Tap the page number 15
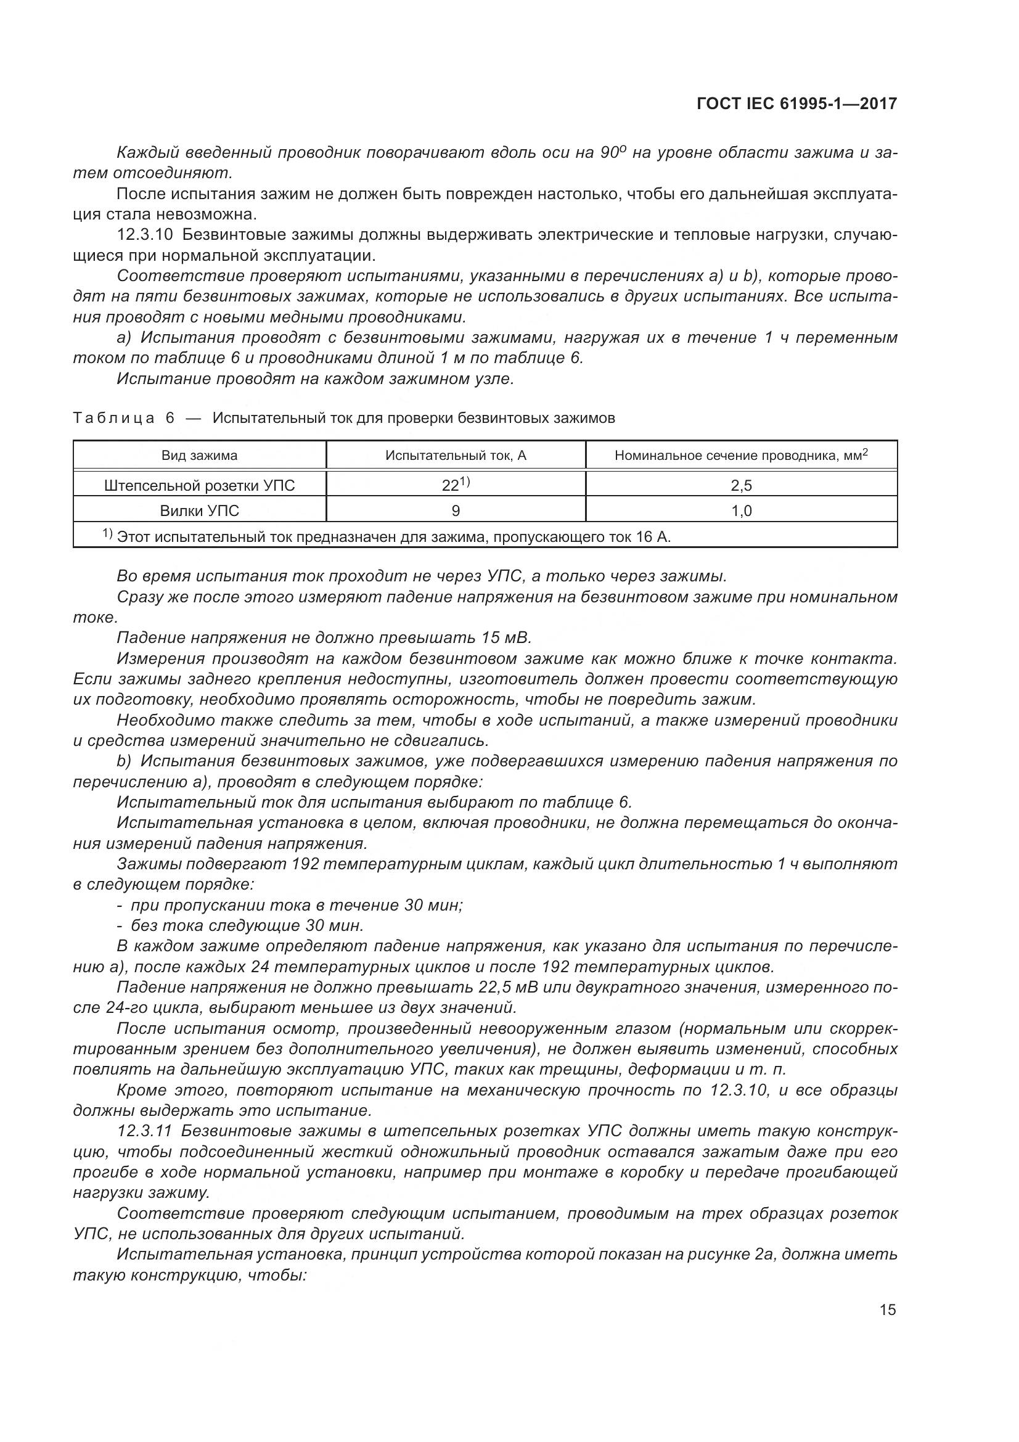(888, 1310)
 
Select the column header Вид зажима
(200, 456)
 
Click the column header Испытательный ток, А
(456, 456)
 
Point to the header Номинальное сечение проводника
(741, 456)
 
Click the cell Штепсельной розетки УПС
(200, 485)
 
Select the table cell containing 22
(456, 484)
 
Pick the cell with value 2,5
(742, 485)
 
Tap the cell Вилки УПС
(200, 510)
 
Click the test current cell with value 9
(456, 510)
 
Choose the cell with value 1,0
(742, 510)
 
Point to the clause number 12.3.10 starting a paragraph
(145, 235)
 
